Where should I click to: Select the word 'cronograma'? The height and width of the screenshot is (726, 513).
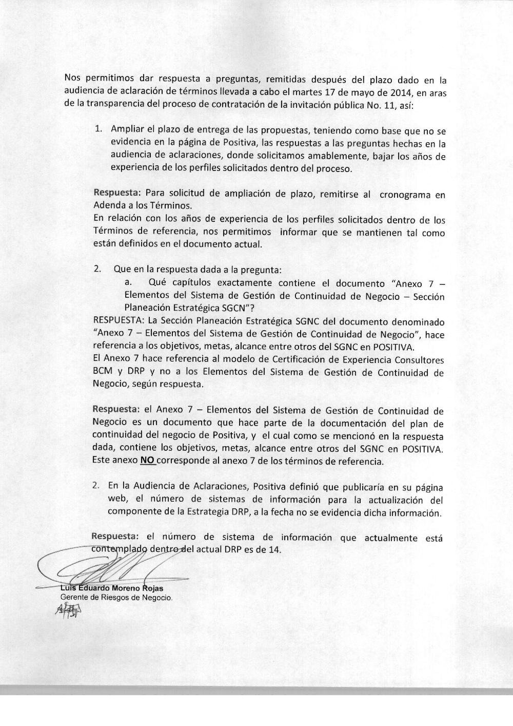[x=405, y=195]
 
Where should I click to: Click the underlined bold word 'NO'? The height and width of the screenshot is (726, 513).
[x=148, y=461]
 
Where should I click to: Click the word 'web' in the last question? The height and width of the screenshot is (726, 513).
[x=116, y=500]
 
